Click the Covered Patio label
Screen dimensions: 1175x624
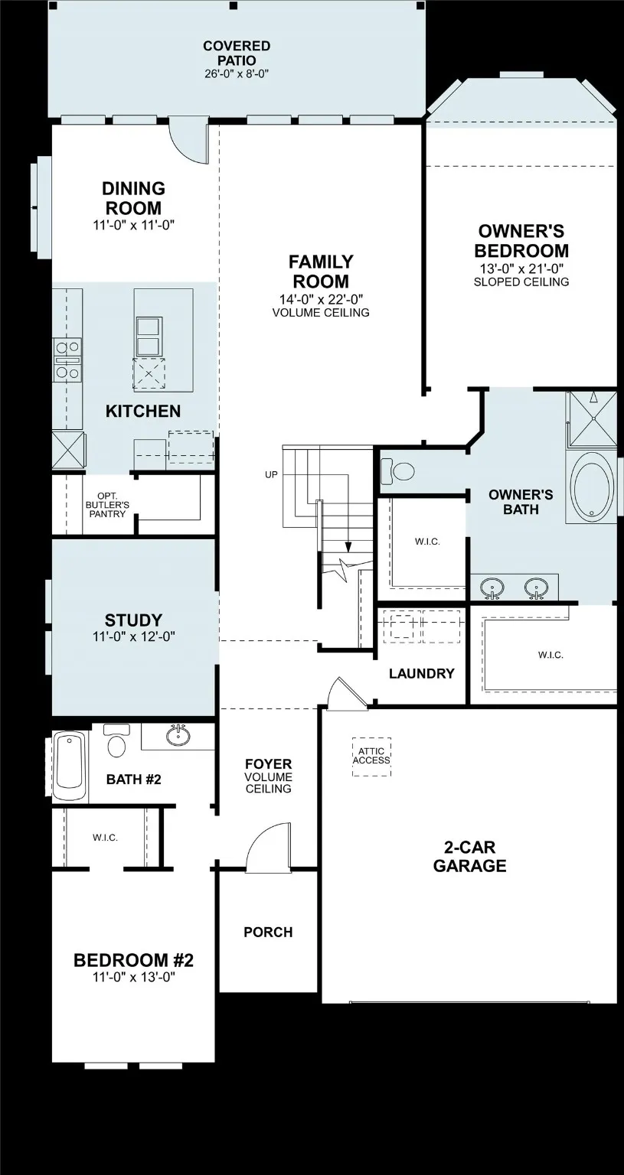[236, 53]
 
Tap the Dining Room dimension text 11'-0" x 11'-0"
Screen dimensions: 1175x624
[134, 225]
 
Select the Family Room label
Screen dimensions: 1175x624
[321, 272]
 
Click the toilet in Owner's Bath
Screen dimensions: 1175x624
[396, 470]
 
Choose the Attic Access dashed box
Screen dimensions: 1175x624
[371, 757]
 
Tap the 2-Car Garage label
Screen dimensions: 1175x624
[469, 857]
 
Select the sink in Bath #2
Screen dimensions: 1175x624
[178, 736]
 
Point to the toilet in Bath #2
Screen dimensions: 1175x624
[116, 744]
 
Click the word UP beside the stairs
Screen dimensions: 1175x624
[271, 475]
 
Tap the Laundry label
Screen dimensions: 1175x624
[421, 674]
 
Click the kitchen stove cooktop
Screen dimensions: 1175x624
[67, 360]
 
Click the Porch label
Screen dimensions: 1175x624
[268, 932]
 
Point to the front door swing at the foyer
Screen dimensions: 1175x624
[270, 848]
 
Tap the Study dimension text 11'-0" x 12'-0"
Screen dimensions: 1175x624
[134, 636]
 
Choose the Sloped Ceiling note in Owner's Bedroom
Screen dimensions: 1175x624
[521, 282]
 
